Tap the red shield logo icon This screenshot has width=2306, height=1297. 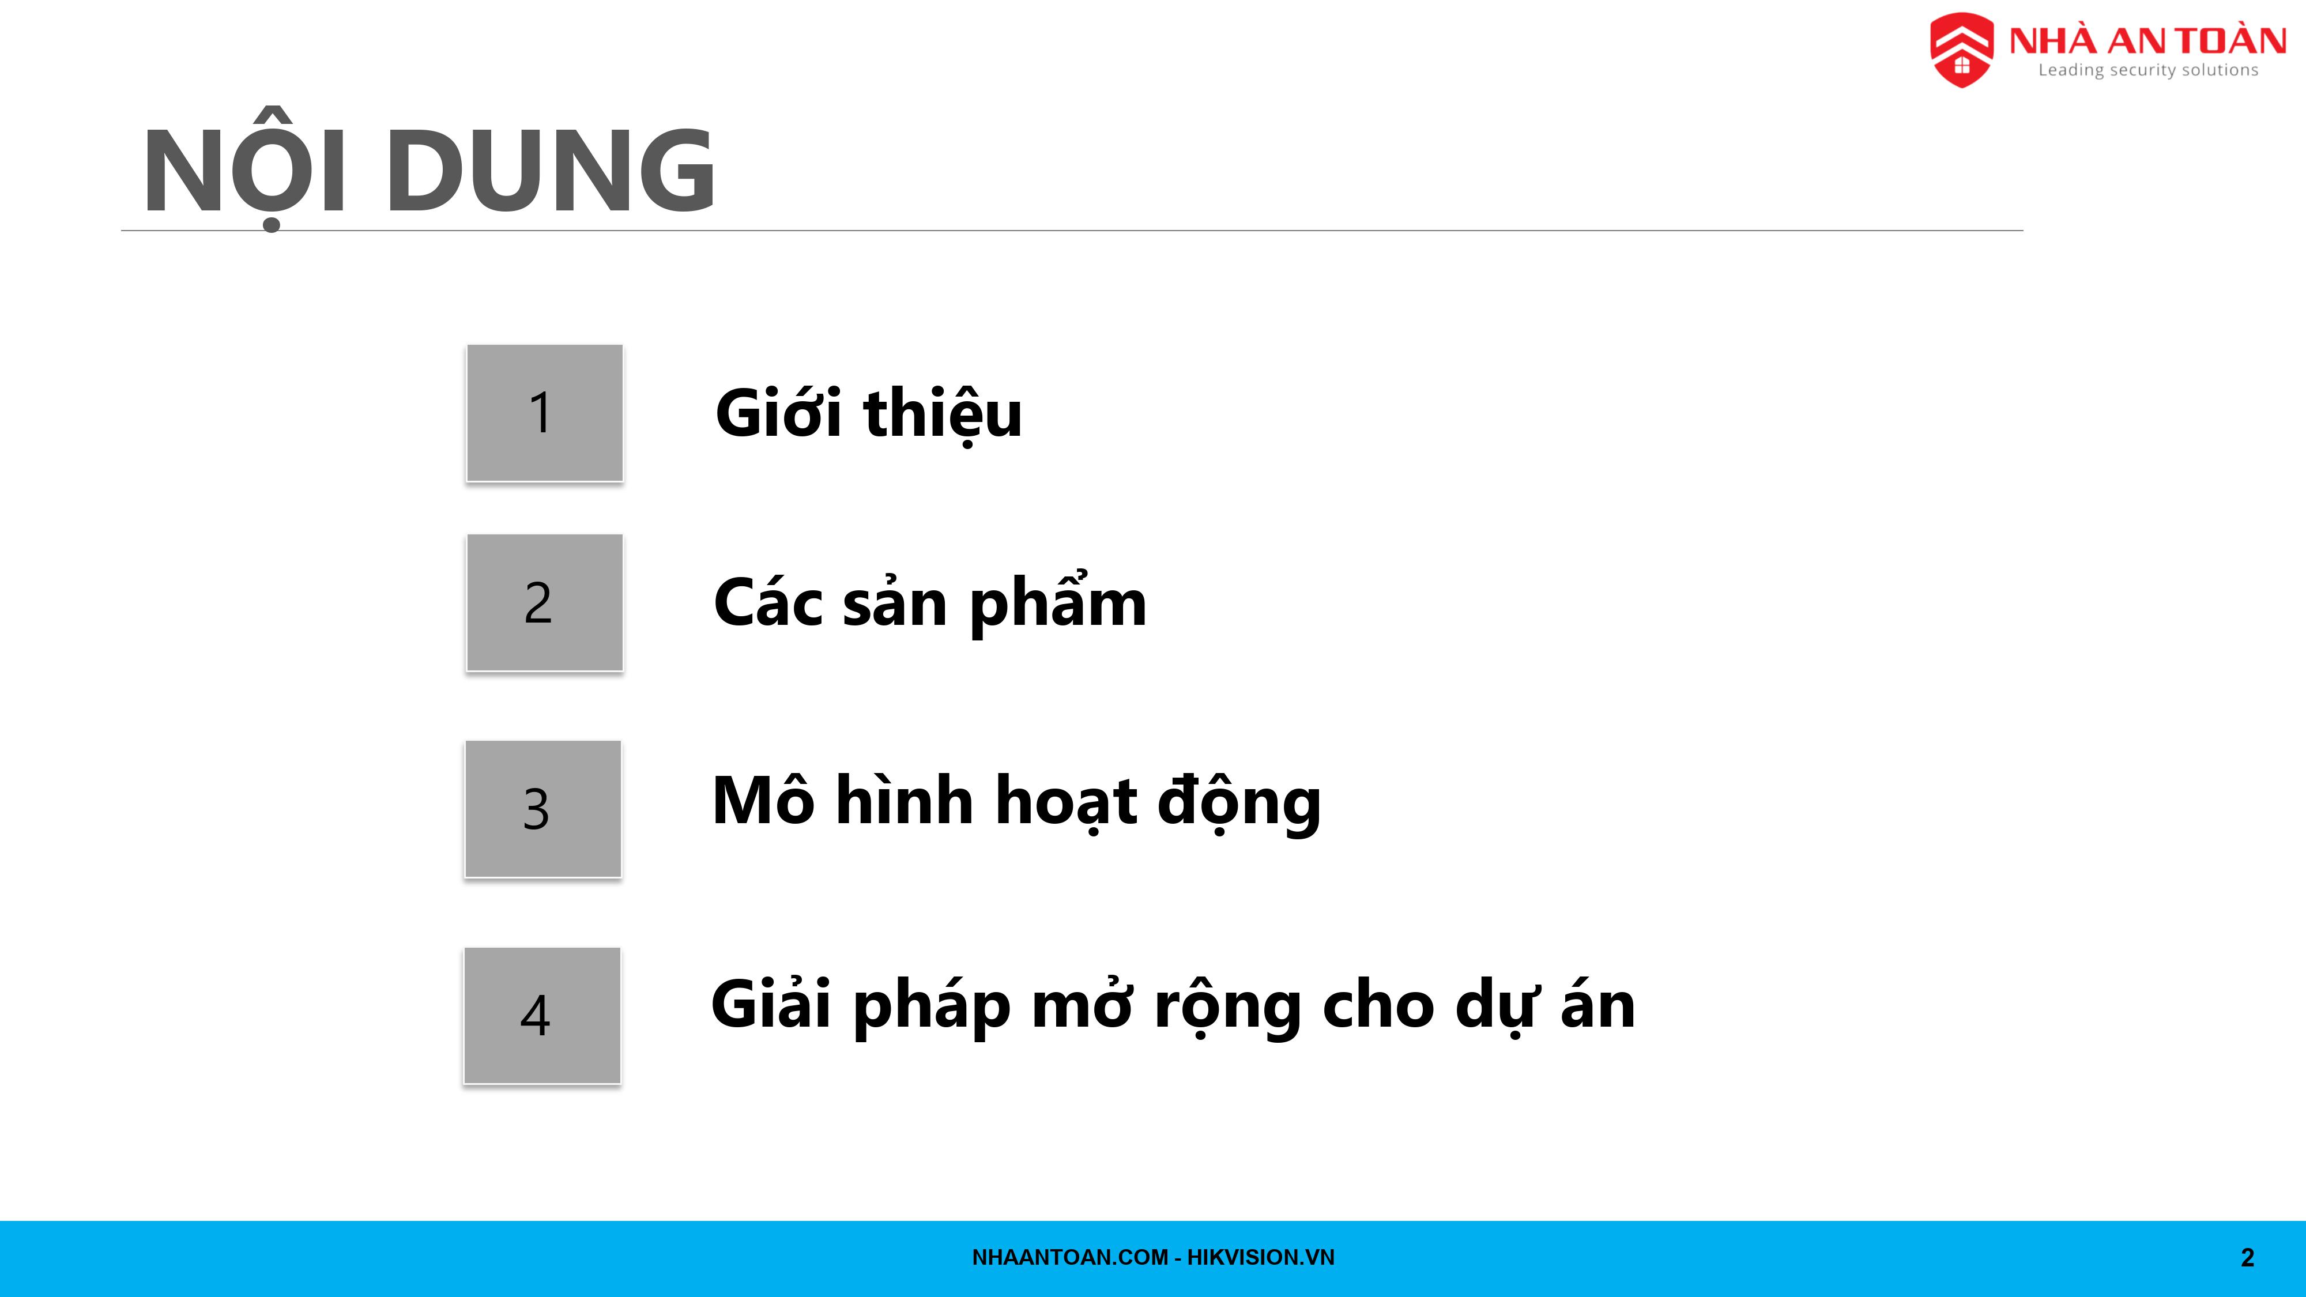click(1961, 50)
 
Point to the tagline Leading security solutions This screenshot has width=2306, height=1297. click(2149, 70)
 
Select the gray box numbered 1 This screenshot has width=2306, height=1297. click(544, 413)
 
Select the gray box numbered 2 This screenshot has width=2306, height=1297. click(544, 602)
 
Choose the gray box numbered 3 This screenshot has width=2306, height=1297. click(542, 808)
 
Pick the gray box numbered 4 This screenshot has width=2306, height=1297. click(541, 1015)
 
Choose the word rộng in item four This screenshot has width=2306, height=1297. click(1228, 1008)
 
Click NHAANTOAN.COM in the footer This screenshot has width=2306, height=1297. click(1070, 1258)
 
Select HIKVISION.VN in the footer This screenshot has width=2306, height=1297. click(1260, 1258)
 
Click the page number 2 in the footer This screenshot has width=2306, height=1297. click(2247, 1258)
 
